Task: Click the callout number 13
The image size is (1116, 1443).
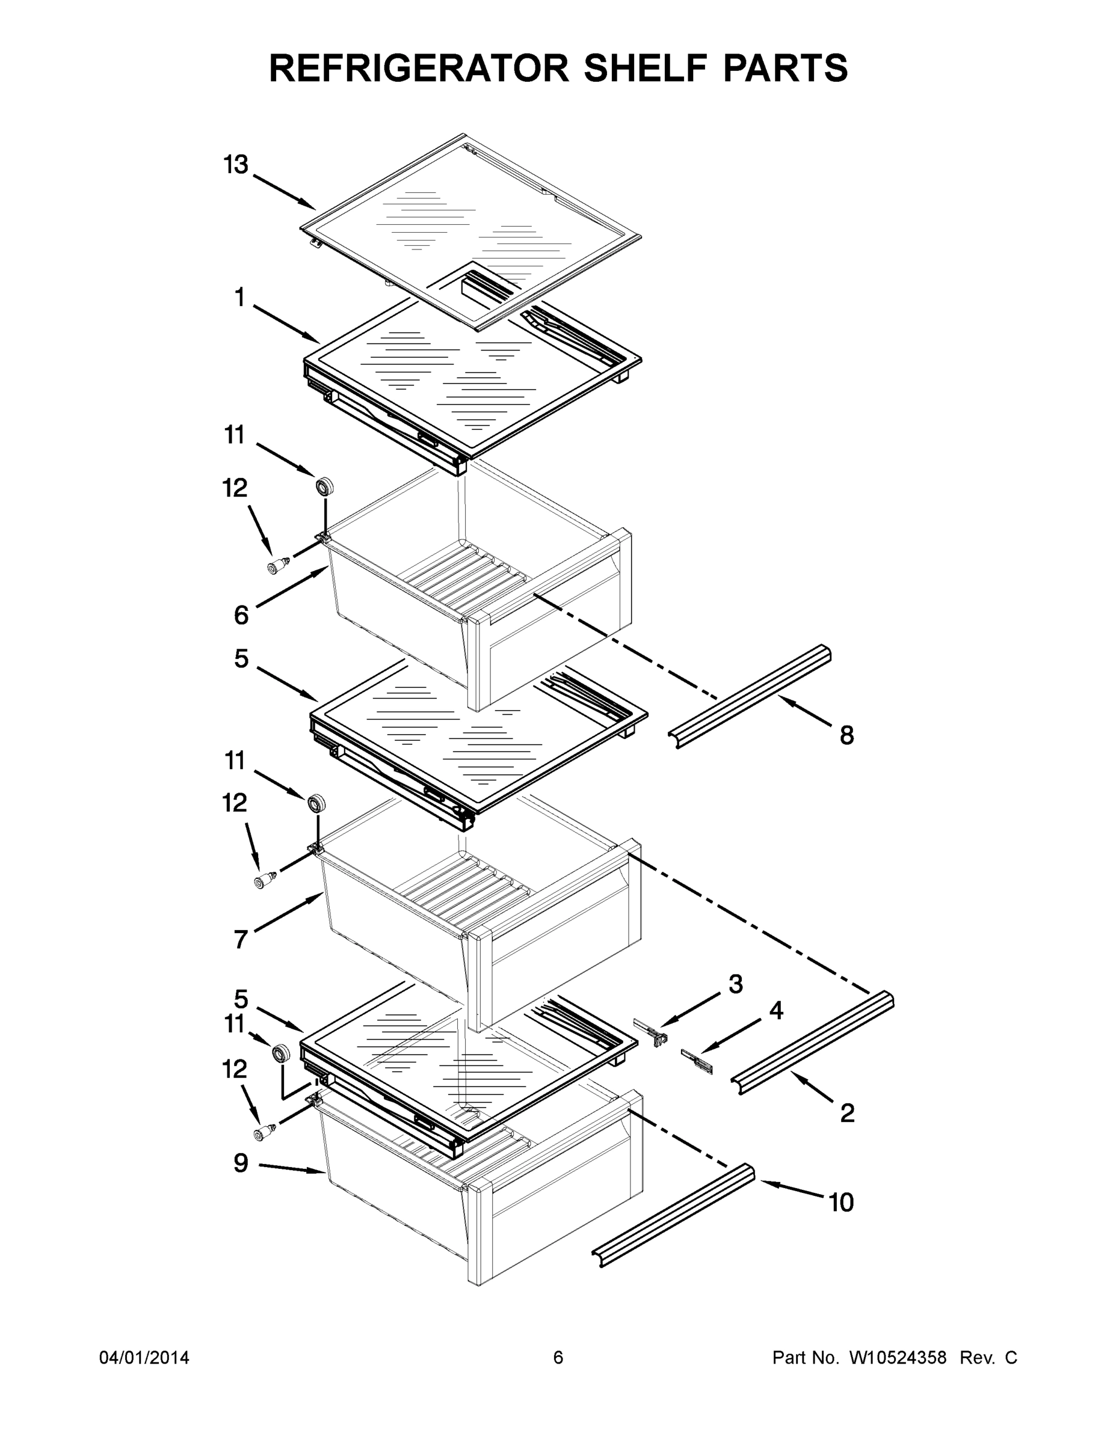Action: pyautogui.click(x=235, y=165)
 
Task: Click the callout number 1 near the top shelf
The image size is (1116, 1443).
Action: pyautogui.click(x=239, y=298)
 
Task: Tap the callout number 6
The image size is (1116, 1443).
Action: pyautogui.click(x=241, y=615)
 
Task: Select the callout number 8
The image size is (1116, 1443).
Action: pyautogui.click(x=847, y=735)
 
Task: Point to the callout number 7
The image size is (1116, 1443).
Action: pyautogui.click(x=241, y=939)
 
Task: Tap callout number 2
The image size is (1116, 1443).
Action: pyautogui.click(x=847, y=1114)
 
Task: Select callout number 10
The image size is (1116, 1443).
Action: pyautogui.click(x=842, y=1202)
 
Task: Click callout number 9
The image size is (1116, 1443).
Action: pyautogui.click(x=241, y=1163)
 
